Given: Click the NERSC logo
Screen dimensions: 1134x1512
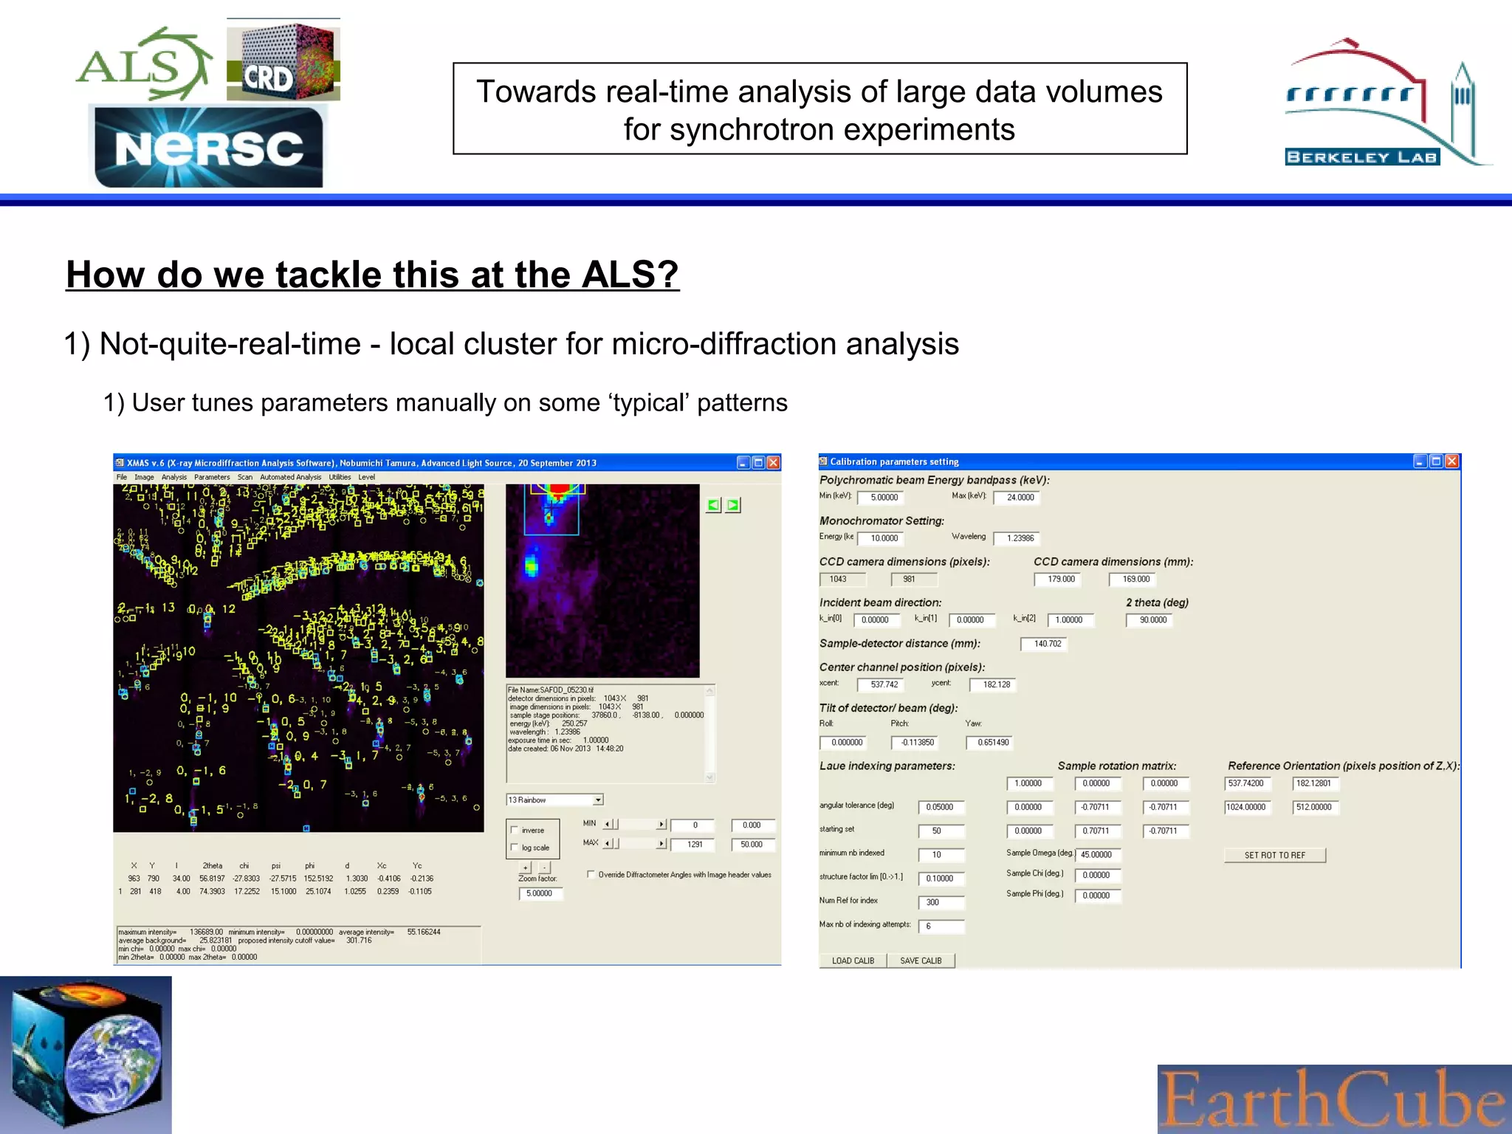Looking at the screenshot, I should (x=209, y=147).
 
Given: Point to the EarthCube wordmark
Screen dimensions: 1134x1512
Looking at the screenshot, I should (x=1333, y=1099).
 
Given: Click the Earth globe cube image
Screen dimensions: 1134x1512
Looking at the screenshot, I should (x=86, y=1054).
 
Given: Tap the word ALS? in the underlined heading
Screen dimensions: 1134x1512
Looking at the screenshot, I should (x=629, y=275).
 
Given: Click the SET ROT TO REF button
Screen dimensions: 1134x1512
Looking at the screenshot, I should (x=1274, y=855).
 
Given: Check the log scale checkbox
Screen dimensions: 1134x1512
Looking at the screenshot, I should (x=515, y=848).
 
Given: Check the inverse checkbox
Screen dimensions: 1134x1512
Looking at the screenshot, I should (x=515, y=830).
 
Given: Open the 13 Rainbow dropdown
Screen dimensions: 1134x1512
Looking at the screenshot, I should (x=598, y=800).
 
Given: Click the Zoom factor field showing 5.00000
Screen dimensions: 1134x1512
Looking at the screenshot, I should (x=540, y=893).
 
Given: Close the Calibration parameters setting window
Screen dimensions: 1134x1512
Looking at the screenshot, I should (x=1451, y=461).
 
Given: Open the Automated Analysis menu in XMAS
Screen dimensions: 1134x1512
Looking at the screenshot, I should (x=290, y=477).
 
